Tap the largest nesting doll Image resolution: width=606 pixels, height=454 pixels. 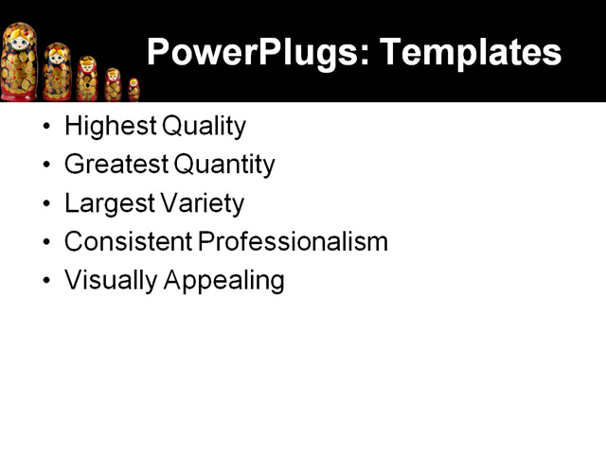pos(18,62)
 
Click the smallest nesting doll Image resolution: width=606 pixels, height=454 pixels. pos(134,90)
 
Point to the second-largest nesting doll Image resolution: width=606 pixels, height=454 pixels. pos(57,73)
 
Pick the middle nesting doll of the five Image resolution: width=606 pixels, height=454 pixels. pos(87,79)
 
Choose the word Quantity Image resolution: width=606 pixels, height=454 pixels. pos(224,165)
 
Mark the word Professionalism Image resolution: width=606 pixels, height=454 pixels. pos(294,241)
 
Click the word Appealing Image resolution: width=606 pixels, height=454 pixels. pos(224,280)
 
